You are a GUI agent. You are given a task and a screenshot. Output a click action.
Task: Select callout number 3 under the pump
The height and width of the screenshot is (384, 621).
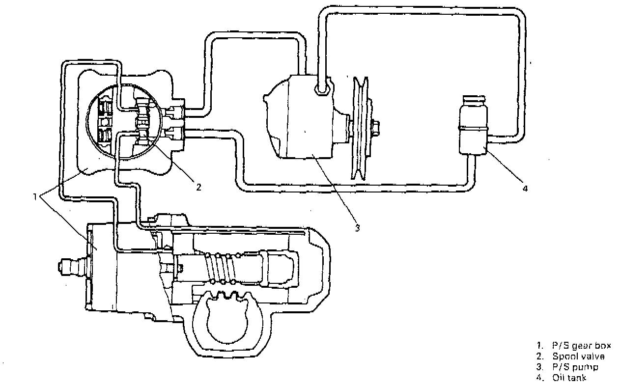click(x=358, y=228)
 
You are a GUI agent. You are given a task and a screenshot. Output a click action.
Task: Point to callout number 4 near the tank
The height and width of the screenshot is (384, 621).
click(x=525, y=188)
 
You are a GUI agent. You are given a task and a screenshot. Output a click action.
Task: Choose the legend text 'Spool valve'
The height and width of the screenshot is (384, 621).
click(x=578, y=357)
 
